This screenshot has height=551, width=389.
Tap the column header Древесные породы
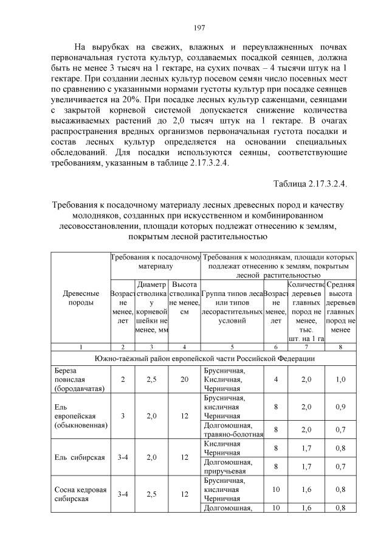pos(80,298)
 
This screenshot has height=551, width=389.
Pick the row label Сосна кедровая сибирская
pos(80,494)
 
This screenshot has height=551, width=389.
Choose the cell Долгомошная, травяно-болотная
pos(232,429)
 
